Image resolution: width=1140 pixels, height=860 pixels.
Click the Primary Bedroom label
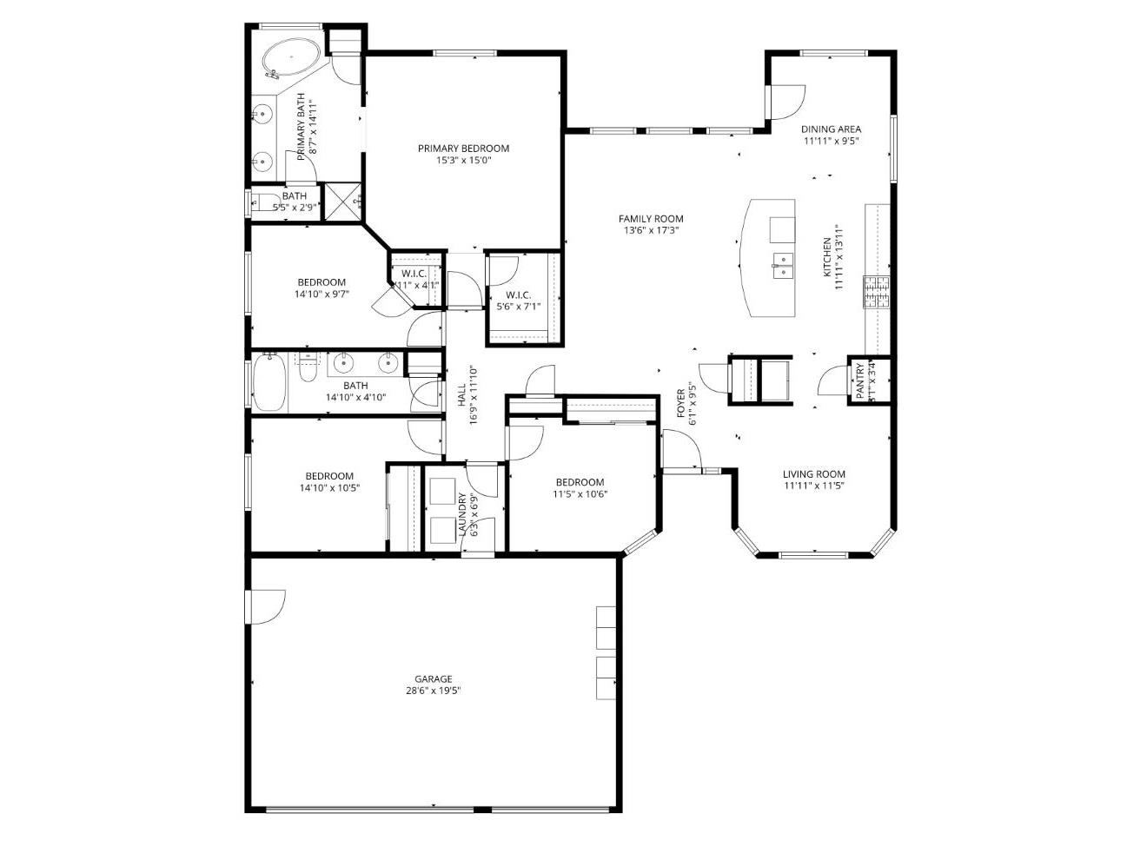pyautogui.click(x=463, y=149)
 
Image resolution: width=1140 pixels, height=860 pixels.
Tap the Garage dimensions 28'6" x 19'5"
pyautogui.click(x=433, y=691)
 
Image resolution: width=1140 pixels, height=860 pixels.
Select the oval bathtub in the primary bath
pyautogui.click(x=291, y=58)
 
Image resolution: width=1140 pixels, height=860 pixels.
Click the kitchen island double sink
pyautogui.click(x=784, y=265)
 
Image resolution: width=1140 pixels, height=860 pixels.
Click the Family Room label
pyautogui.click(x=651, y=219)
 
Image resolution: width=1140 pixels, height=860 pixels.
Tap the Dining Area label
pyautogui.click(x=831, y=129)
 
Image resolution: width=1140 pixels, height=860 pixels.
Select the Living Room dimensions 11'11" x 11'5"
pyautogui.click(x=813, y=486)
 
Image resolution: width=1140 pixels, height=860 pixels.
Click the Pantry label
pyautogui.click(x=860, y=380)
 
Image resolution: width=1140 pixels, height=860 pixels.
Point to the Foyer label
pyautogui.click(x=682, y=404)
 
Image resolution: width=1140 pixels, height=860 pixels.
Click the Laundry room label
pyautogui.click(x=462, y=516)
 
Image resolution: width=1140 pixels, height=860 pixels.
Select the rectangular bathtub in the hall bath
pyautogui.click(x=268, y=384)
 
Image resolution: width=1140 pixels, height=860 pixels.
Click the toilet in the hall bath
pyautogui.click(x=308, y=370)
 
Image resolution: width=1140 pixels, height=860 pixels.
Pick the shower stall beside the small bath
pyautogui.click(x=341, y=202)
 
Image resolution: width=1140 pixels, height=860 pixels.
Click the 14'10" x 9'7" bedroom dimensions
pyautogui.click(x=321, y=294)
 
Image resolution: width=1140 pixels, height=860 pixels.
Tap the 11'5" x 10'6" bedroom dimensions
pyautogui.click(x=580, y=494)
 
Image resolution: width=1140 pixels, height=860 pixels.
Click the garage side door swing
pyautogui.click(x=266, y=606)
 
